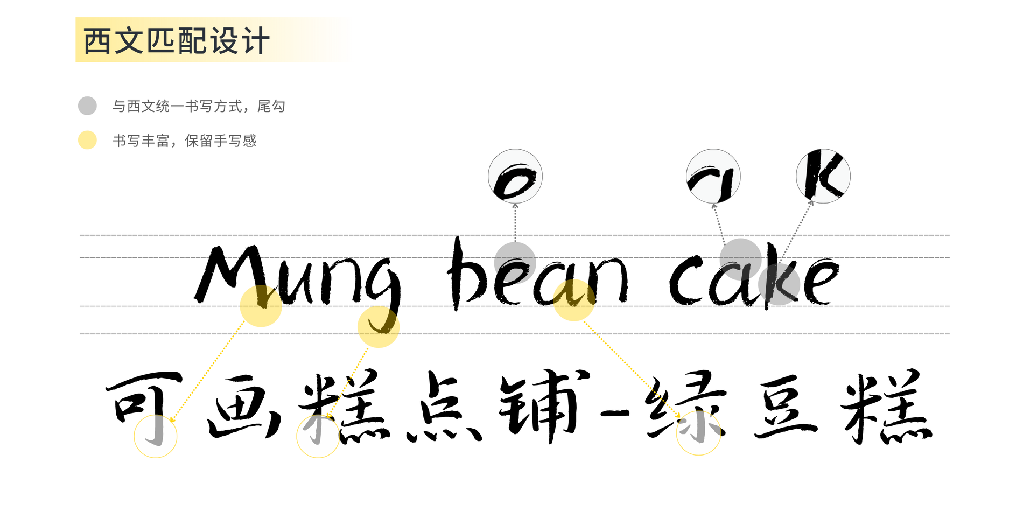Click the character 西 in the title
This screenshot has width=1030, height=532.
tap(97, 41)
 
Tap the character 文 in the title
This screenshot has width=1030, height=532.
tap(129, 41)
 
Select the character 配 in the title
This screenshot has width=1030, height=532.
tap(192, 41)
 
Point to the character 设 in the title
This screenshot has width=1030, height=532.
tap(223, 41)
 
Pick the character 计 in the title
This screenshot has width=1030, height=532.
tap(255, 41)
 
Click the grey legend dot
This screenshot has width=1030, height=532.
tap(87, 106)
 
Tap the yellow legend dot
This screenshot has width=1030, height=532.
tap(87, 140)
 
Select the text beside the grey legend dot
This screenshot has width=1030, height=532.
tap(199, 106)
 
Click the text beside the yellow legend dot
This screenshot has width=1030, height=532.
tap(185, 141)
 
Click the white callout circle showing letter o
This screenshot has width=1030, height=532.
tap(515, 176)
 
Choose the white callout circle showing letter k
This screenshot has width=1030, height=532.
tap(823, 176)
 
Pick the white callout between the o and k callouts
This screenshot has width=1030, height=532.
tap(713, 176)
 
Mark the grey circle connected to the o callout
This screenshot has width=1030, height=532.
tap(515, 263)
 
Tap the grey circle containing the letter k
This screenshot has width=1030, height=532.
tap(779, 285)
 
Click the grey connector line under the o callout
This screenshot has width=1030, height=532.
tap(515, 222)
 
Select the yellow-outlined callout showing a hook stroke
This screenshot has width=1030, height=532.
tap(155, 436)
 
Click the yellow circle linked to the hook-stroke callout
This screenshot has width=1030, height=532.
tap(261, 305)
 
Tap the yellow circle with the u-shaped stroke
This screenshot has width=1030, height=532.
tap(573, 300)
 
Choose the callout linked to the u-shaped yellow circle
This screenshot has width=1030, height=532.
tap(698, 433)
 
